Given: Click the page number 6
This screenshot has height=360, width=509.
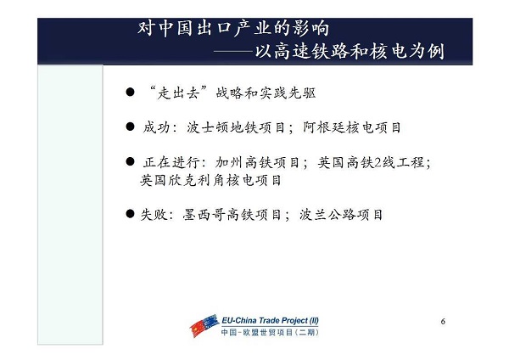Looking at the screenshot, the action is (x=443, y=321).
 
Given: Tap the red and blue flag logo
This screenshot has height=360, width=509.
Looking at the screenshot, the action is (x=204, y=325).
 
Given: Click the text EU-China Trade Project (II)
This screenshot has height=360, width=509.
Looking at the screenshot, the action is (x=270, y=320).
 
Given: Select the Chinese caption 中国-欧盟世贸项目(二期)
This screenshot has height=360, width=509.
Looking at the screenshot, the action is (x=270, y=332).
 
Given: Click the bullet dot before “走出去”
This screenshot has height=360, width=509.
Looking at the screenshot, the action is (x=130, y=93).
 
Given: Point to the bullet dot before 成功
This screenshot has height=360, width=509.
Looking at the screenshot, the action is (x=130, y=127).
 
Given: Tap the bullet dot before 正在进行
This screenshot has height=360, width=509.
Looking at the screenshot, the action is (x=130, y=161).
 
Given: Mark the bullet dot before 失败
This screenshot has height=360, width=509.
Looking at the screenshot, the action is (x=130, y=214).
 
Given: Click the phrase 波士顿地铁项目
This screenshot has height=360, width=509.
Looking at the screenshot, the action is (x=235, y=127).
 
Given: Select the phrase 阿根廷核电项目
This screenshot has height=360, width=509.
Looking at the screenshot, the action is (x=352, y=127).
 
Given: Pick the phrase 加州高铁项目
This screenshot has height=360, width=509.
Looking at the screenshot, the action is (x=257, y=162).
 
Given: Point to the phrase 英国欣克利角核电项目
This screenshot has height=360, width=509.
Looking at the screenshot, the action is (x=210, y=180).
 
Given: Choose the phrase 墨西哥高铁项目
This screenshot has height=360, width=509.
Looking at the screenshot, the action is (x=232, y=215).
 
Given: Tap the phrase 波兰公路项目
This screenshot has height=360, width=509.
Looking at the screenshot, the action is (x=341, y=215).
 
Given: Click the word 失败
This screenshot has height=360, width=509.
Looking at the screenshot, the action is (x=154, y=215).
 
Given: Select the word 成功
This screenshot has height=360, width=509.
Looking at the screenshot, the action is (x=156, y=127).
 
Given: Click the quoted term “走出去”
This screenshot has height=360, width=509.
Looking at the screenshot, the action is (x=177, y=93).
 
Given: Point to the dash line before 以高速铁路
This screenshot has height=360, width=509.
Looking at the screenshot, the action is (x=233, y=52).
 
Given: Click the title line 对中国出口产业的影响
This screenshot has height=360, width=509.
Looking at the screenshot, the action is (x=233, y=28).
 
